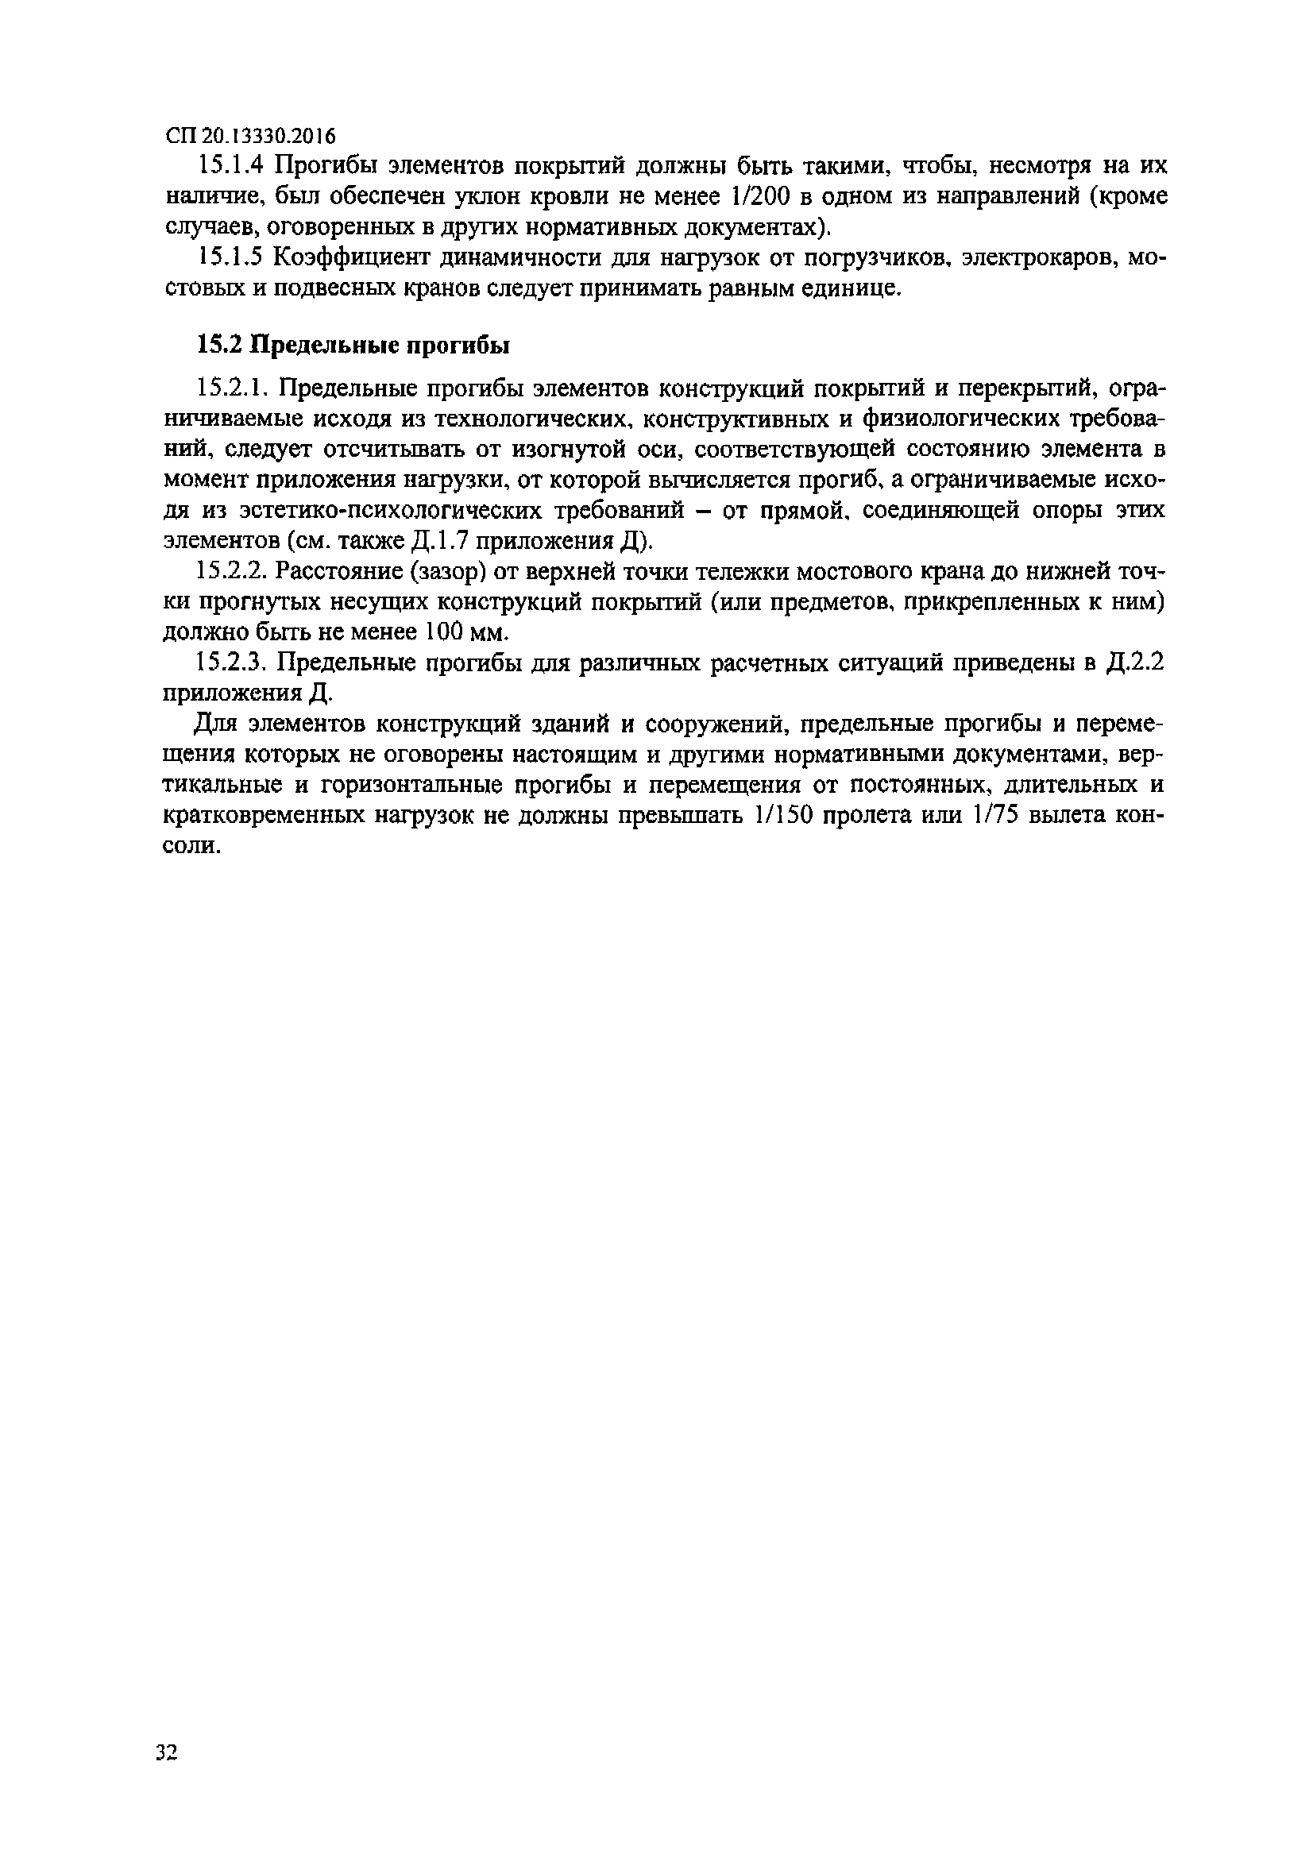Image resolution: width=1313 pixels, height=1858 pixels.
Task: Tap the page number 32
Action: [167, 1753]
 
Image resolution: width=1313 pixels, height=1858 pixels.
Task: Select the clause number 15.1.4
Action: [230, 166]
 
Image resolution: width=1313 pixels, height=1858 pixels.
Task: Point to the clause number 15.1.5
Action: [230, 257]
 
